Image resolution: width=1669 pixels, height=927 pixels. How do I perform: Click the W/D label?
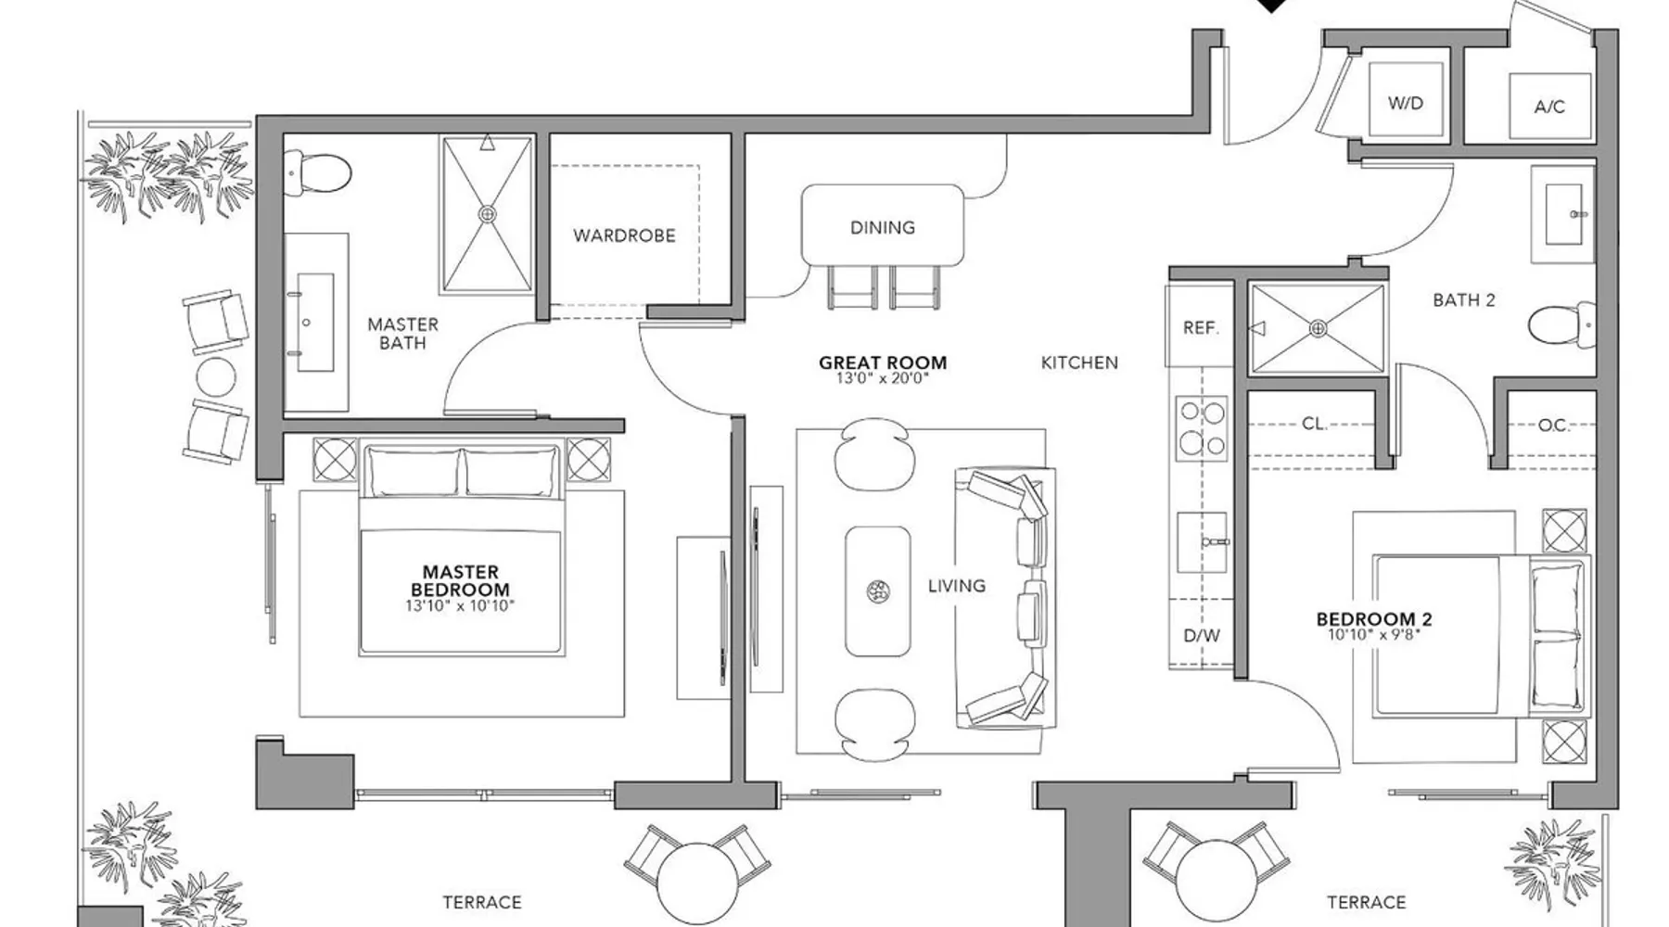pyautogui.click(x=1405, y=103)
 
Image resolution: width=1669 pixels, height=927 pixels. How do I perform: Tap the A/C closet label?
pyautogui.click(x=1549, y=107)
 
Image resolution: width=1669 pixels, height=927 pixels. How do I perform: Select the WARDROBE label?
pyautogui.click(x=624, y=235)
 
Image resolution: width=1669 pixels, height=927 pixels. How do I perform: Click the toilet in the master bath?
pyautogui.click(x=319, y=171)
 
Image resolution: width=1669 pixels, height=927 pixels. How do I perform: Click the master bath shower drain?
pyautogui.click(x=487, y=214)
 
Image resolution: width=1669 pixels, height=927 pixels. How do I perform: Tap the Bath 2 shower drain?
pyautogui.click(x=1318, y=328)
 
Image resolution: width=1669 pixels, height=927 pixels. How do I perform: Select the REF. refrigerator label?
pyautogui.click(x=1201, y=328)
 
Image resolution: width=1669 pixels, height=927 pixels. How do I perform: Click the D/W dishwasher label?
pyautogui.click(x=1202, y=636)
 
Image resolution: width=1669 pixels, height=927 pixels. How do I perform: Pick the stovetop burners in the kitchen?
pyautogui.click(x=1202, y=428)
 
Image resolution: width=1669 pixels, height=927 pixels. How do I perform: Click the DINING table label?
pyautogui.click(x=883, y=227)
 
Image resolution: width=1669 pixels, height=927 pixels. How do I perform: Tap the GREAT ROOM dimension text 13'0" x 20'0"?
pyautogui.click(x=883, y=378)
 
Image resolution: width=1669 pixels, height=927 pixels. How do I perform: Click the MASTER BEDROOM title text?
pyautogui.click(x=461, y=581)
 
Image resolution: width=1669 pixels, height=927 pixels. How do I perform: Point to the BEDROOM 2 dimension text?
pyautogui.click(x=1374, y=635)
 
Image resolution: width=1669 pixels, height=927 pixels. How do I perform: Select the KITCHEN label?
pyautogui.click(x=1079, y=362)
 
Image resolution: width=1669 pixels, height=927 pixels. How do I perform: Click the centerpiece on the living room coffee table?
pyautogui.click(x=877, y=590)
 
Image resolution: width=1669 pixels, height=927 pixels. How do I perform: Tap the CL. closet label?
pyautogui.click(x=1314, y=424)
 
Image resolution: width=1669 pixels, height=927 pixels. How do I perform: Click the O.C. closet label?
pyautogui.click(x=1554, y=425)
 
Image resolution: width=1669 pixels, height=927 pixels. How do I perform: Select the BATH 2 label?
pyautogui.click(x=1464, y=299)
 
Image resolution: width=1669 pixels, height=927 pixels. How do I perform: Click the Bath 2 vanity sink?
pyautogui.click(x=1562, y=214)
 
